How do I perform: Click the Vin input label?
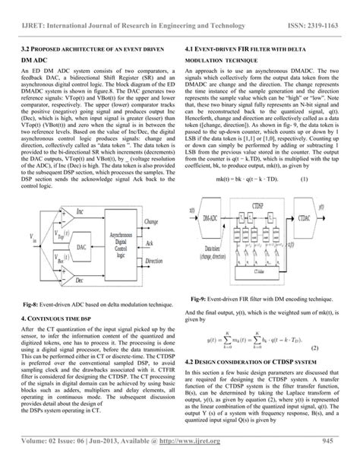pos(30,239)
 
